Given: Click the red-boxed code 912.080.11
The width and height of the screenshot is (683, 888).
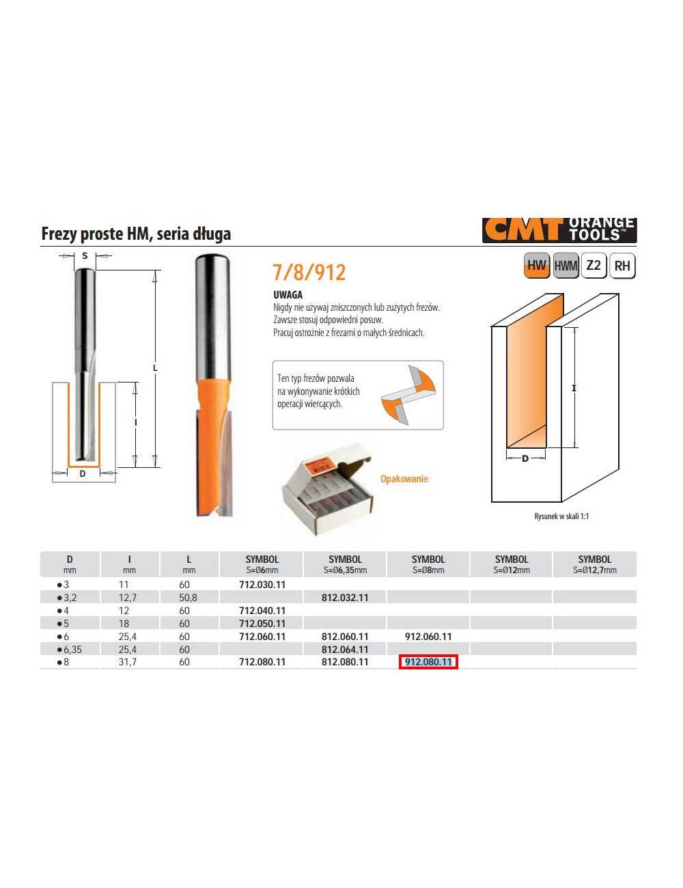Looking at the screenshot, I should click(428, 662).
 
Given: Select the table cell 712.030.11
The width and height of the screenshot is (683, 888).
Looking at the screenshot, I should click(262, 585).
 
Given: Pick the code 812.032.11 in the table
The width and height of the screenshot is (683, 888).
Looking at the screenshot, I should click(345, 598).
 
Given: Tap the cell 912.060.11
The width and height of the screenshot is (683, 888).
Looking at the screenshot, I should click(428, 637).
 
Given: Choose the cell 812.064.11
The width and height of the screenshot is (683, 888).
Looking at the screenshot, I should click(345, 650).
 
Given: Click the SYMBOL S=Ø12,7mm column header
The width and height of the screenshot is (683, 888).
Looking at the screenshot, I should click(594, 564).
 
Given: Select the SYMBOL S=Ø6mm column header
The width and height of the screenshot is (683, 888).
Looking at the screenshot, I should click(262, 564).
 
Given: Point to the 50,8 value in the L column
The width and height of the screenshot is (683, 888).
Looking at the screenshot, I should click(189, 598).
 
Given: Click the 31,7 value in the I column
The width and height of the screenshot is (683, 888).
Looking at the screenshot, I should click(128, 662).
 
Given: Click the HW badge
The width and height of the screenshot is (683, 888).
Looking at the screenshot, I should click(537, 266).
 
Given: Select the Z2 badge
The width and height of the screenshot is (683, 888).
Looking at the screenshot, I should click(594, 266).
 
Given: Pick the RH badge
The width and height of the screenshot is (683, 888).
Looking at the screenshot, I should click(622, 266).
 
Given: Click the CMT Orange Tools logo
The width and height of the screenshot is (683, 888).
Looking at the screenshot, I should click(559, 230).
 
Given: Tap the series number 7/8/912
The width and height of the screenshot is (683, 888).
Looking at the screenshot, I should click(309, 273).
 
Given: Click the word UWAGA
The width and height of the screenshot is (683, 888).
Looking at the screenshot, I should click(288, 295).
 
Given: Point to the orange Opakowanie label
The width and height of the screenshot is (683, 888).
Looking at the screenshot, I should click(404, 479).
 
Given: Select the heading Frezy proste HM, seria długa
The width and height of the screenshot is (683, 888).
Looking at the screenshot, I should click(136, 234).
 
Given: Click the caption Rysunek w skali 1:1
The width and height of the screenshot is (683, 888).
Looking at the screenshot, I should click(561, 516).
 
